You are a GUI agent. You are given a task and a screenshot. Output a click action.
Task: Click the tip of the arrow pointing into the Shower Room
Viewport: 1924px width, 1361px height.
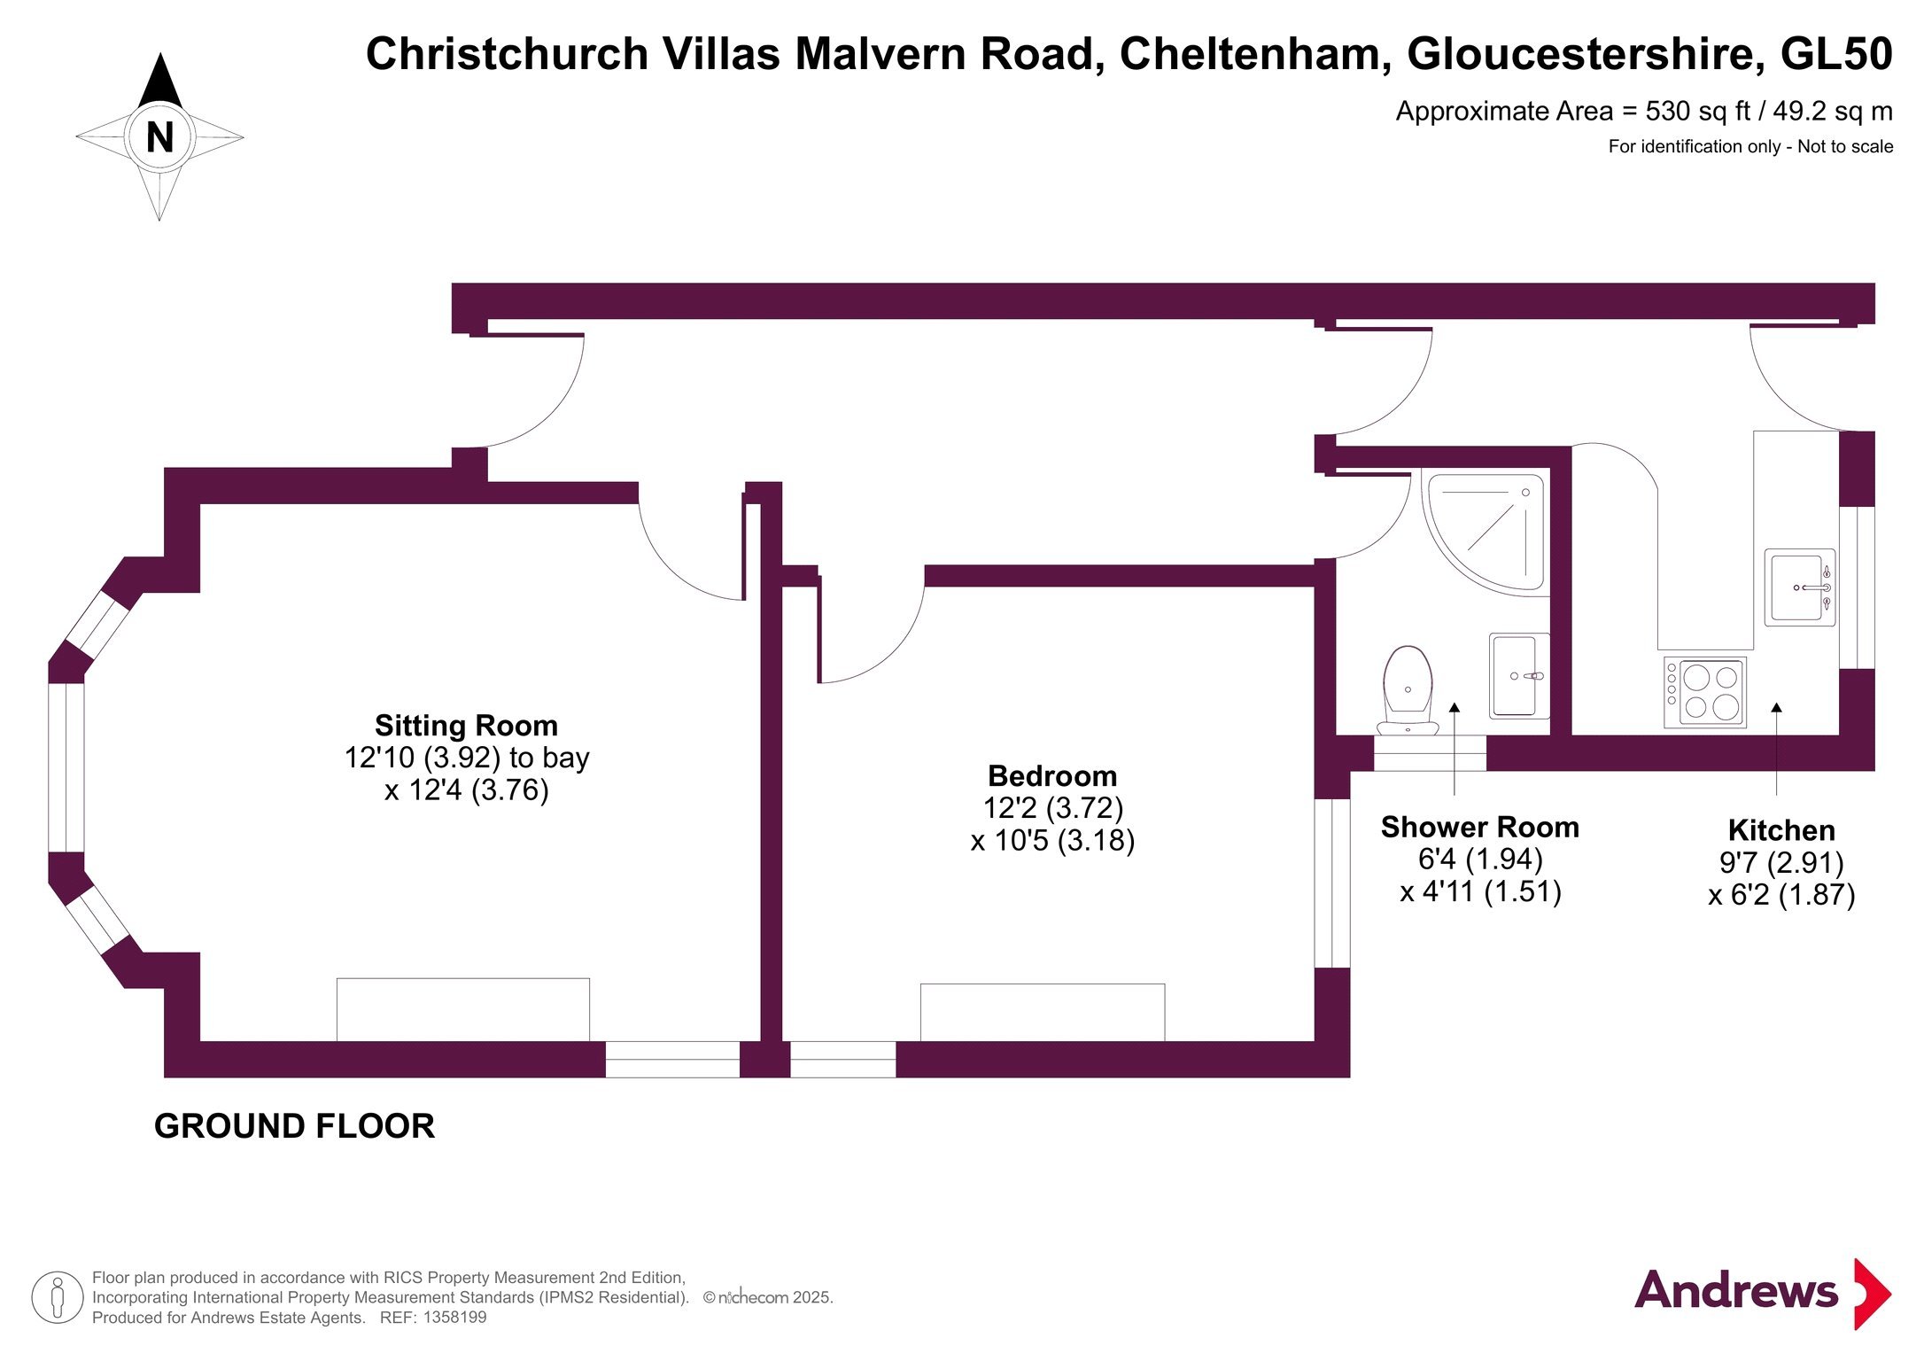(1455, 704)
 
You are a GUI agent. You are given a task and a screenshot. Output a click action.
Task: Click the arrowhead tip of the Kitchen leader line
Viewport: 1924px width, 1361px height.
(1776, 703)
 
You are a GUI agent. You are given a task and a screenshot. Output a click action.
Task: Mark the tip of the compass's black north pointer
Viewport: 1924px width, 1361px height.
(160, 53)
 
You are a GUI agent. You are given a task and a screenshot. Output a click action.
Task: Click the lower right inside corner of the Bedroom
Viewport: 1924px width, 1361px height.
(1314, 1040)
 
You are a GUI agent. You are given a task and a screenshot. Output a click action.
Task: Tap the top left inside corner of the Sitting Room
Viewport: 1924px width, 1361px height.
(200, 504)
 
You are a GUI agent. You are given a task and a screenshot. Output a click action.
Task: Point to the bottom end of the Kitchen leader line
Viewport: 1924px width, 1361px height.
(1776, 795)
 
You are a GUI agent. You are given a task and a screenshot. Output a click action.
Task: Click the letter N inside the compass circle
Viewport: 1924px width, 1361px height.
(160, 137)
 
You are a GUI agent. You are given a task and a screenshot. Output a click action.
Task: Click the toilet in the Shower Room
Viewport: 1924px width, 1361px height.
(1408, 691)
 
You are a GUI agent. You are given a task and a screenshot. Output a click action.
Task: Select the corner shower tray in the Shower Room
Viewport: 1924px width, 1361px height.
(1486, 533)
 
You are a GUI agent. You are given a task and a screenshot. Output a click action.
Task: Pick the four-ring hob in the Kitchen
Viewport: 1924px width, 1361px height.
(1705, 692)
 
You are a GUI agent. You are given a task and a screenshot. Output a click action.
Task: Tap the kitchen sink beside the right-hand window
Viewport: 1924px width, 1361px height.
(1799, 587)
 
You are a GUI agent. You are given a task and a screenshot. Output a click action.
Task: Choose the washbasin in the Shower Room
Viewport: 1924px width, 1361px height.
(1519, 675)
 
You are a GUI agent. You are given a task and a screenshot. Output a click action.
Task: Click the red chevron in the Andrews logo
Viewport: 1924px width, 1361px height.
(1872, 1294)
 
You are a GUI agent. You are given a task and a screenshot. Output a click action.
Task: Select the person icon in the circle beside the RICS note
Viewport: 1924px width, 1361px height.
(58, 1297)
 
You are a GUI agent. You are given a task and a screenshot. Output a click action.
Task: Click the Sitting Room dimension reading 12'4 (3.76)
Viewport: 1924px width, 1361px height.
(467, 789)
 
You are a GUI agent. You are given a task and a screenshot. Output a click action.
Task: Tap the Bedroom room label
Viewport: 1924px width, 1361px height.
(1052, 775)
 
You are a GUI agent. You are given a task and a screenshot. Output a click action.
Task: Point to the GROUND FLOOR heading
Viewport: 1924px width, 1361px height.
(295, 1126)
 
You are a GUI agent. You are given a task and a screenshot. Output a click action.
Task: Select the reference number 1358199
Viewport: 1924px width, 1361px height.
(454, 1318)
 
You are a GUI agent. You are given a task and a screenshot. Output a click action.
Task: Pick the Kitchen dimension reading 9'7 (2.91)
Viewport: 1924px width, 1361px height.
(1781, 862)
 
